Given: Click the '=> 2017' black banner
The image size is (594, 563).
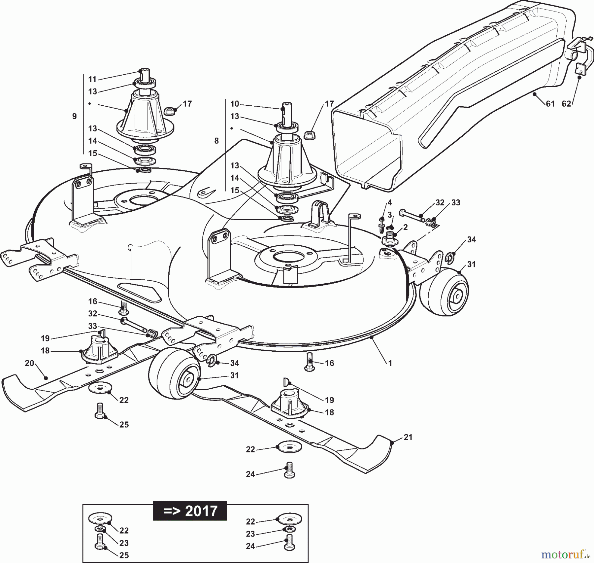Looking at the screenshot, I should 190,511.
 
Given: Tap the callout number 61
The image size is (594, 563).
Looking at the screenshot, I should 550,104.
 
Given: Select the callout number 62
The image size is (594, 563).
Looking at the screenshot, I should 566,104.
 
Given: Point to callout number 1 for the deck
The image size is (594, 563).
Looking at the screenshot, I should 390,363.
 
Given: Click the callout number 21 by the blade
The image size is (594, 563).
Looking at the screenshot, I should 408,437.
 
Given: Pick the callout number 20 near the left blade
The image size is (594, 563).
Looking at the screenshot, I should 29,363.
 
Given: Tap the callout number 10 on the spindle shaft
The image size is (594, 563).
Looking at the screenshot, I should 235,104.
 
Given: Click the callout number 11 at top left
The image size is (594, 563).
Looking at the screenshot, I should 92,79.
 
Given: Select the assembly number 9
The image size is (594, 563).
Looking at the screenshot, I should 74,116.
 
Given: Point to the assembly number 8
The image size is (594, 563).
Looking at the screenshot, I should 216,141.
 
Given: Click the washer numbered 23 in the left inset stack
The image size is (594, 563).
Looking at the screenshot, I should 99,539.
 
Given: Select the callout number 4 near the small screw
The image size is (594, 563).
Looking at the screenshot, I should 390,202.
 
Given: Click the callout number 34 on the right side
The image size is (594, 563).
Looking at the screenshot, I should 472,240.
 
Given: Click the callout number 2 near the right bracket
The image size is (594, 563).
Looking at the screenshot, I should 405,227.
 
